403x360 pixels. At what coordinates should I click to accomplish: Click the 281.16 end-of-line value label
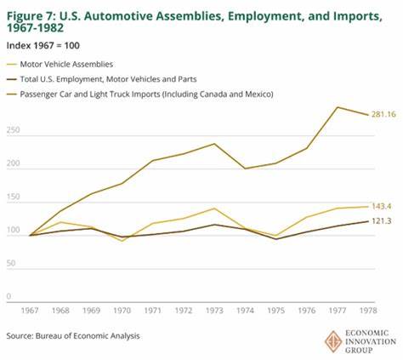coord(382,114)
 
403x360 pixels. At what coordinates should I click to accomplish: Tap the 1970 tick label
coord(122,312)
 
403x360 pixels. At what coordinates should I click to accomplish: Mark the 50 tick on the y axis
coord(12,264)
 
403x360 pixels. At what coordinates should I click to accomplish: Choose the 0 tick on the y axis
coord(9,297)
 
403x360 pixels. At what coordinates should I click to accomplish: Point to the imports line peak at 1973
coord(213,144)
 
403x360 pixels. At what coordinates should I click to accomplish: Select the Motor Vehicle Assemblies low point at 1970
coord(122,241)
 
